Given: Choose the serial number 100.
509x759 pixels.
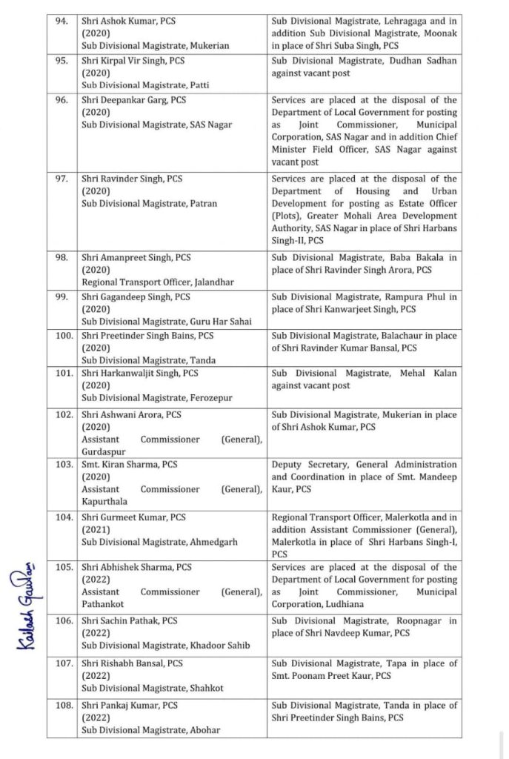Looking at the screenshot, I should point(62,335).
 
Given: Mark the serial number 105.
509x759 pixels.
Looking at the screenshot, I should point(62,567).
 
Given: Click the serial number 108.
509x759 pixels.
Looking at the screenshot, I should point(62,705).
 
